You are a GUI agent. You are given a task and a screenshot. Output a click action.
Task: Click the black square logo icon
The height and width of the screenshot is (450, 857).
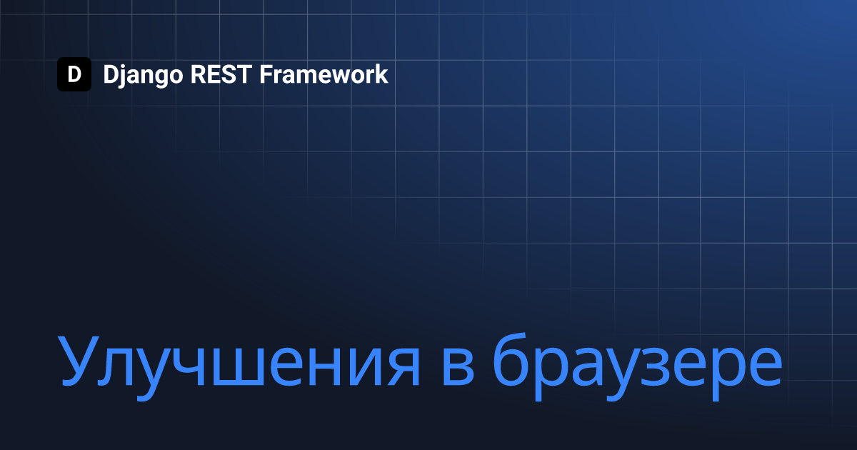(x=74, y=74)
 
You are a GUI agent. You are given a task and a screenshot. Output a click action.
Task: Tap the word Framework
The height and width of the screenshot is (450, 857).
(x=324, y=74)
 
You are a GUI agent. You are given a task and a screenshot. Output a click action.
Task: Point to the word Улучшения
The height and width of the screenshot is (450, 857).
(x=239, y=367)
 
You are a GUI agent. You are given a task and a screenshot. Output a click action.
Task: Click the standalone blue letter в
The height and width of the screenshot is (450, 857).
(x=458, y=368)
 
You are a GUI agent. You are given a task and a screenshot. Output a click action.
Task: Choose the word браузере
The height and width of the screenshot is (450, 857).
(x=637, y=366)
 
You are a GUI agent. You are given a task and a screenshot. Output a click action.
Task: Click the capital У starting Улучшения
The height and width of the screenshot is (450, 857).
(x=79, y=361)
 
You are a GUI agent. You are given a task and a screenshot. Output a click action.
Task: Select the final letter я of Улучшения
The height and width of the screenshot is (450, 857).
(x=404, y=368)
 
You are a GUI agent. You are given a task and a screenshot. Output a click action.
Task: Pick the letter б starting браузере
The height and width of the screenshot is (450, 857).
(x=511, y=360)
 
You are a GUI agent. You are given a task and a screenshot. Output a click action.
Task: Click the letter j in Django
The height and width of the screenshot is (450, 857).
(x=122, y=76)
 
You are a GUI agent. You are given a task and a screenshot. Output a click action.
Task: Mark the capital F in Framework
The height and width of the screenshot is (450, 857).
(x=266, y=74)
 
